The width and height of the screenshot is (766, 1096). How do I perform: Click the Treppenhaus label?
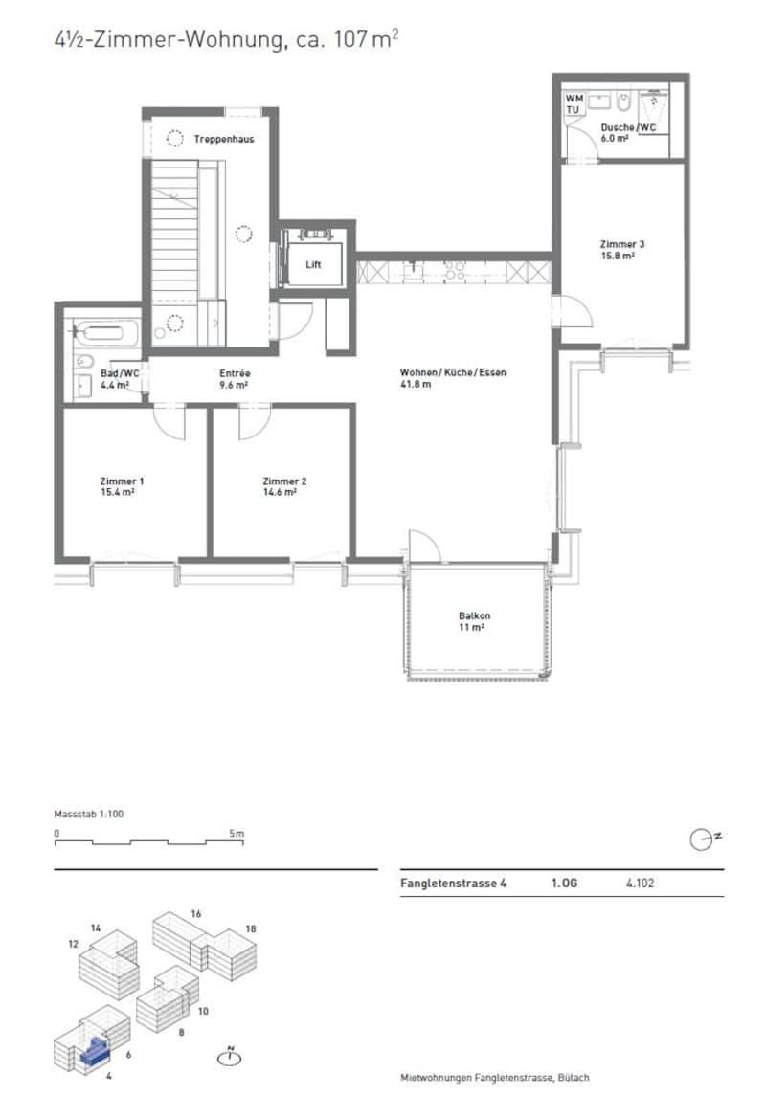point(224,139)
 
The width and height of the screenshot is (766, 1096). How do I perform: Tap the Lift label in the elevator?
point(313,264)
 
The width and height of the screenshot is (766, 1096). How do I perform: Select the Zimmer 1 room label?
point(122,481)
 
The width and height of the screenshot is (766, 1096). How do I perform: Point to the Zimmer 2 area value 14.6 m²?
point(280,492)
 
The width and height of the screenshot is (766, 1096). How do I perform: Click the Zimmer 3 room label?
point(622,244)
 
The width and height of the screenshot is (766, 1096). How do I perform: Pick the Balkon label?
point(475,615)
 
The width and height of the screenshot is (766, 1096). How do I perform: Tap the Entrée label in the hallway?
point(235,373)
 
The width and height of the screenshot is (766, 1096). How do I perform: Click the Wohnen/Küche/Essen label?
point(453,372)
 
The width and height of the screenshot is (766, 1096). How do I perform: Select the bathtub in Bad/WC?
point(107,331)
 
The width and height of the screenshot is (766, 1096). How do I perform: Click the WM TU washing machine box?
point(574,104)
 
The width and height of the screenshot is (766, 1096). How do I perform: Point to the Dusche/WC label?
point(628,128)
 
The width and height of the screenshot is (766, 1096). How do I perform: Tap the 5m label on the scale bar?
point(237,833)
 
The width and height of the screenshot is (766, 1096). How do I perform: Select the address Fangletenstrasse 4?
point(453,883)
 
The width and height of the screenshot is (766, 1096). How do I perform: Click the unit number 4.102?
point(641,883)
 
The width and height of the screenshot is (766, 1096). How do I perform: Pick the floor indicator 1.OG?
point(565,883)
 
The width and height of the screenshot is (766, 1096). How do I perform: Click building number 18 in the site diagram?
point(251,928)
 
